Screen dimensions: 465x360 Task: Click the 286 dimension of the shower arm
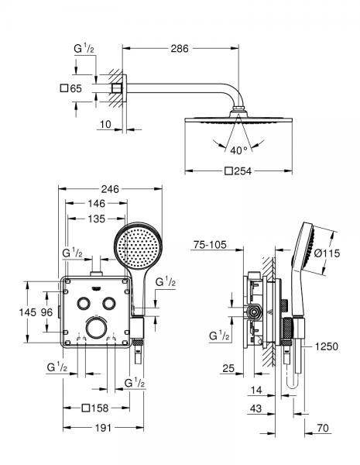pyautogui.click(x=180, y=49)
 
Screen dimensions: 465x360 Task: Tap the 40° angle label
pyautogui.click(x=238, y=150)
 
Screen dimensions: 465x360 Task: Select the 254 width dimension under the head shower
pyautogui.click(x=241, y=171)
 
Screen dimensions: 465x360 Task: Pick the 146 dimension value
pyautogui.click(x=97, y=203)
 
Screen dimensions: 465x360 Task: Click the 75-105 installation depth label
pyautogui.click(x=211, y=246)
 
